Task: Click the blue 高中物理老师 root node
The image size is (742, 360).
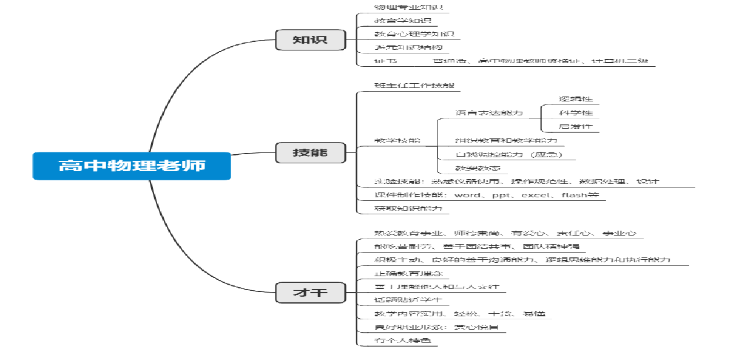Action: point(132,166)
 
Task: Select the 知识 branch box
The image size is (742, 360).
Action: point(310,39)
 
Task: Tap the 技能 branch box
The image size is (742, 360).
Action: point(310,152)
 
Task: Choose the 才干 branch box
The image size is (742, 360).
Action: point(310,293)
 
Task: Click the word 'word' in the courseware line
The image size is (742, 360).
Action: point(467,195)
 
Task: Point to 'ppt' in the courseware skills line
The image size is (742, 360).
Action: point(502,195)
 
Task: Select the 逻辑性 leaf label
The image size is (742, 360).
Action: point(576,98)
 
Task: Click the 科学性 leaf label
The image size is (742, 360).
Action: point(576,112)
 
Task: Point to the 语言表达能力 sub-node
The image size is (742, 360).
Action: point(489,113)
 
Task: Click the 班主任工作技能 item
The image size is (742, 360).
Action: point(414,86)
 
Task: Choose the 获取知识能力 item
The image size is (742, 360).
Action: point(408,208)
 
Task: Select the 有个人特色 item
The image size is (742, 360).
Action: point(405,341)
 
